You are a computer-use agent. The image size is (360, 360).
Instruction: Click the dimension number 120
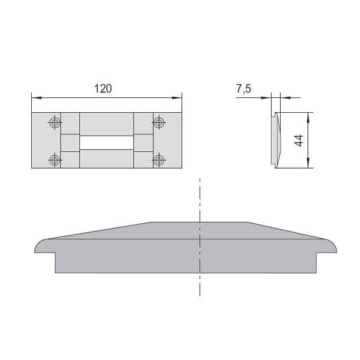[x=103, y=89]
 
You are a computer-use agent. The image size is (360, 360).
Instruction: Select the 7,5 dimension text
[x=244, y=89]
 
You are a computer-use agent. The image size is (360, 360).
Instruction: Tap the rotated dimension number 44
[x=299, y=140]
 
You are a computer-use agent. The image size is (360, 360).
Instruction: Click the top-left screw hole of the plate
[x=55, y=122]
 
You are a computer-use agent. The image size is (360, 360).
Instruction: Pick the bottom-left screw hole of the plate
[x=55, y=160]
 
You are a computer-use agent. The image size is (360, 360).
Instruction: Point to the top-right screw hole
[x=158, y=122]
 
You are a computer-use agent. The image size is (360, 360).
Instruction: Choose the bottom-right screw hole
[x=158, y=160]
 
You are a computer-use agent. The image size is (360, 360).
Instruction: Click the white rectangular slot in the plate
[x=107, y=143]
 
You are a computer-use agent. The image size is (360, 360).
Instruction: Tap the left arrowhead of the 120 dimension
[x=37, y=98]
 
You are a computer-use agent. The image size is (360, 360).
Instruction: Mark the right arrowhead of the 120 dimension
[x=177, y=98]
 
